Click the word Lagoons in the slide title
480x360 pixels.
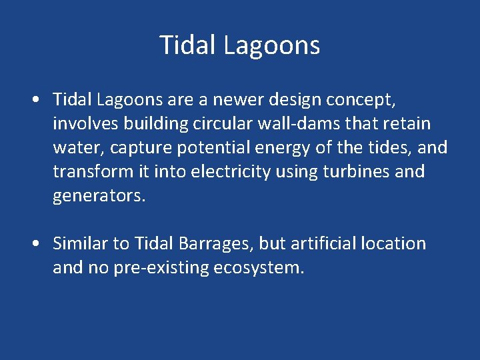pyautogui.click(x=271, y=45)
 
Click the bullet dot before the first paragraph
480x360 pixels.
pyautogui.click(x=35, y=100)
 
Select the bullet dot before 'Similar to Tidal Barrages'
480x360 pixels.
pyautogui.click(x=35, y=244)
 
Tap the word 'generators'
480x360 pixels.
pyautogui.click(x=97, y=196)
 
